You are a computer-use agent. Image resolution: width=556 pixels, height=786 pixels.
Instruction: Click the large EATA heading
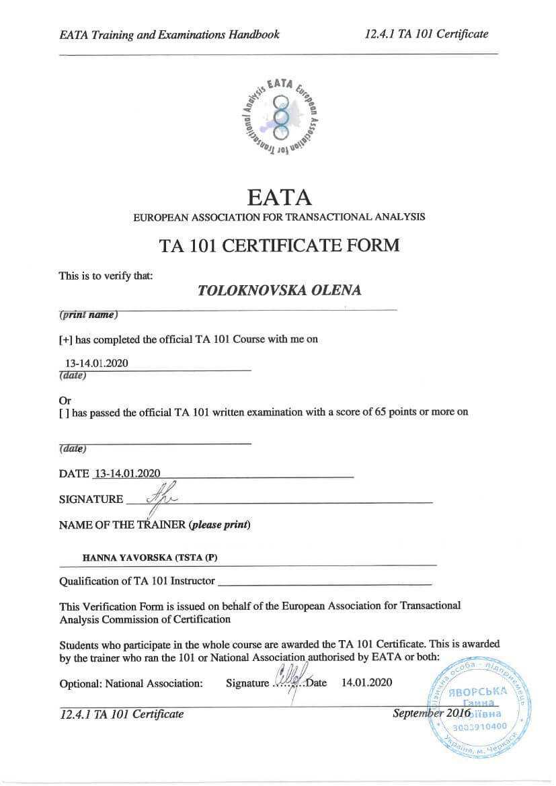point(279,196)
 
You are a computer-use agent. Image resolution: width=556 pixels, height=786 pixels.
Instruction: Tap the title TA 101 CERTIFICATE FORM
point(279,245)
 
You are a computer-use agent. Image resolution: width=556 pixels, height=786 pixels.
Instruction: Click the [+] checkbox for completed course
point(65,340)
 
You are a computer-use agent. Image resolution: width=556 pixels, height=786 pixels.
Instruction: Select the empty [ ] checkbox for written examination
point(64,413)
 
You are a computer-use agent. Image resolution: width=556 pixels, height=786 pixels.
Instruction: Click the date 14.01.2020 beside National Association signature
point(366,682)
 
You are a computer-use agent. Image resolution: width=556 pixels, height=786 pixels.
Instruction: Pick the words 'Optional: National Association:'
point(131,683)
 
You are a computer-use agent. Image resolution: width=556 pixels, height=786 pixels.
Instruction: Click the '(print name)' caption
point(88,315)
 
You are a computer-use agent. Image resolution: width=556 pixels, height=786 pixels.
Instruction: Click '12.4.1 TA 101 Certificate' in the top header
point(426,34)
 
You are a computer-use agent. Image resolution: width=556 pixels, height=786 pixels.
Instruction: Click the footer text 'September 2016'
point(431,713)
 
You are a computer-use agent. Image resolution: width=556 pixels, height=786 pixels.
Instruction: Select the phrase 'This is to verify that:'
point(106,275)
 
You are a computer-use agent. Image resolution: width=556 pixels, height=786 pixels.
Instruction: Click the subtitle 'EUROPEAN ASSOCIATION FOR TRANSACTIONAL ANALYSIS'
point(279,218)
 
